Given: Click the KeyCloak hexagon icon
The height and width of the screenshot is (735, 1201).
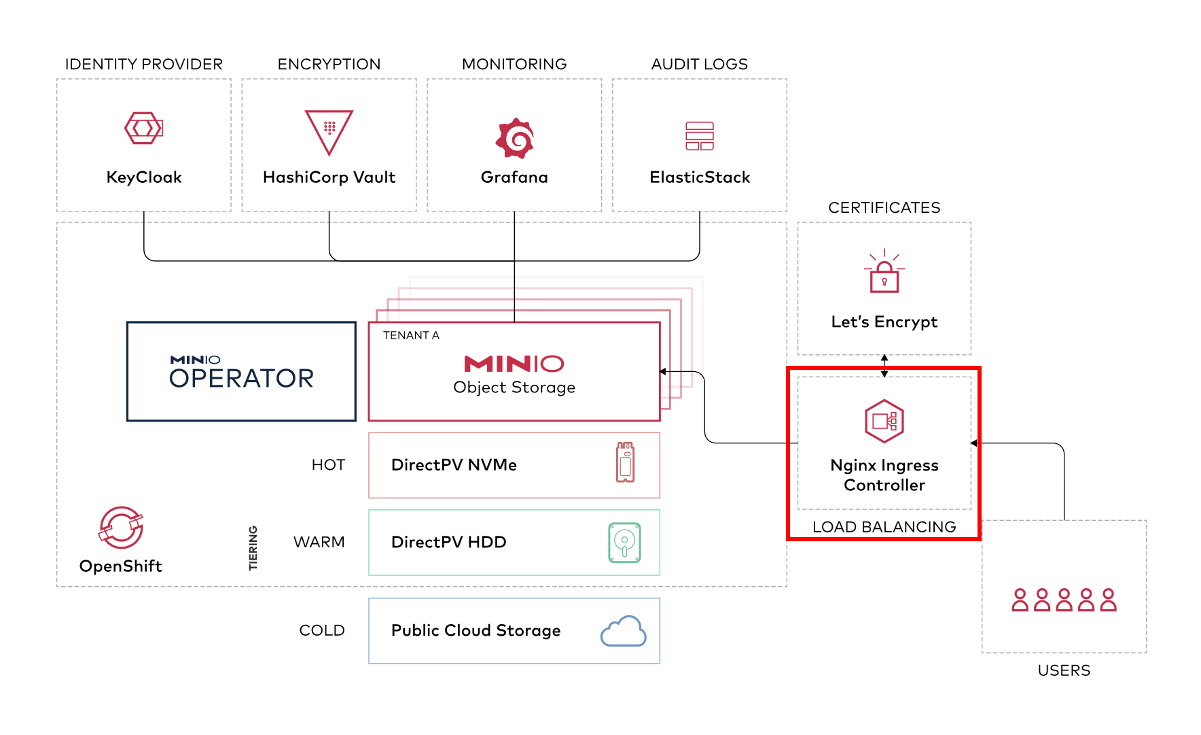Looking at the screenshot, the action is [x=144, y=128].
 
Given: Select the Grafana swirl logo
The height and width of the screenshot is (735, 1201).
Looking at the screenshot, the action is [x=515, y=138].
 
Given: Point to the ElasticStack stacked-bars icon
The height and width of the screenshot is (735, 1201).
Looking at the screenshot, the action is [x=700, y=136].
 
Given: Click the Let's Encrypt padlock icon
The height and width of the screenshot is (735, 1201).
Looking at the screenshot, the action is [x=884, y=271].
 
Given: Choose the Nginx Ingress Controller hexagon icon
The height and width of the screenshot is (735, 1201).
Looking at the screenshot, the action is [x=884, y=421].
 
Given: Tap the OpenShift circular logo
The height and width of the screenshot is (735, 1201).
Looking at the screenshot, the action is [x=121, y=528].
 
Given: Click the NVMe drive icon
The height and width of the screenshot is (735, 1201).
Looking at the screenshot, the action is [x=625, y=462].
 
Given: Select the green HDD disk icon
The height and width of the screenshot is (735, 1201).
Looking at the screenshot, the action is [x=624, y=543].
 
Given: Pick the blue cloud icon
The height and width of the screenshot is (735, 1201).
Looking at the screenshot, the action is [x=624, y=631].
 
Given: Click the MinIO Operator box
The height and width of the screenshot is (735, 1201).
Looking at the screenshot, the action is [x=241, y=371].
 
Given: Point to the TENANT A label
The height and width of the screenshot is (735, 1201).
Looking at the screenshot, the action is [x=411, y=335].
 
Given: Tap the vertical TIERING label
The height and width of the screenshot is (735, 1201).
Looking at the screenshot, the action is [x=253, y=548].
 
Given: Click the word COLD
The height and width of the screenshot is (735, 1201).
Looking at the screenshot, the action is [x=322, y=630].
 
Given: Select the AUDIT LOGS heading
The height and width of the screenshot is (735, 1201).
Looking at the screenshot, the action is [x=700, y=64].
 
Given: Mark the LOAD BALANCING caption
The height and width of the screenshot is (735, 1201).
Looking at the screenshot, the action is [x=884, y=527].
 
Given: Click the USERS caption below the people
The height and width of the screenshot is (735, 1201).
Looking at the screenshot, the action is [x=1064, y=670].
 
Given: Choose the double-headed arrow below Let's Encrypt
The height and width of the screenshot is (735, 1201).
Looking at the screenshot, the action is [x=884, y=366].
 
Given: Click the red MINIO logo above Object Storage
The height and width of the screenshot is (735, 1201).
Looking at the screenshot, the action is [x=514, y=364].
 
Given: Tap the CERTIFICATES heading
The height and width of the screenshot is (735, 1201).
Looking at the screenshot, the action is [x=884, y=207].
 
